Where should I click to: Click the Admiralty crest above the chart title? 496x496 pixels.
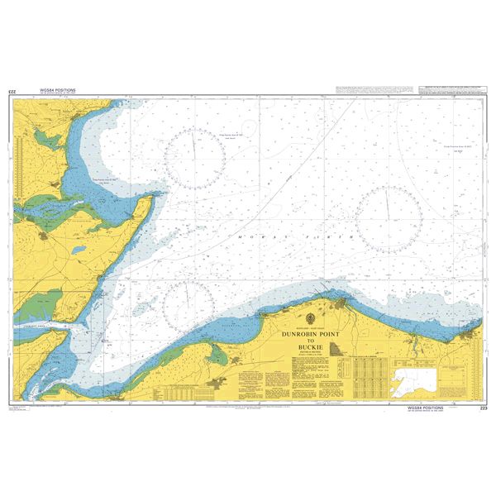pyautogui.click(x=310, y=319)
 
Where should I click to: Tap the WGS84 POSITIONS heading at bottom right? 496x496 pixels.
pyautogui.click(x=426, y=408)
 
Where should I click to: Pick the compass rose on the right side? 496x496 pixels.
pyautogui.click(x=388, y=219)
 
